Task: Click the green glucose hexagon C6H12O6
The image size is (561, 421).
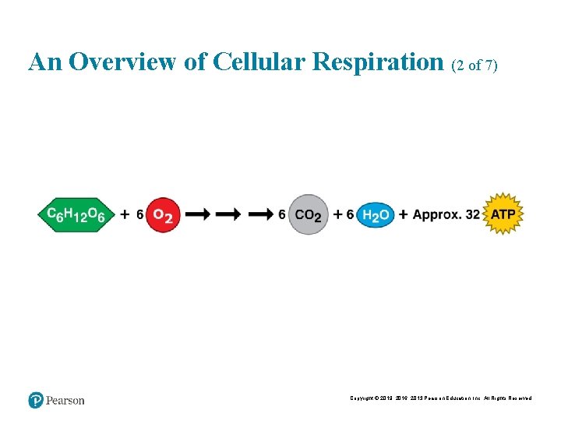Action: pos(76,214)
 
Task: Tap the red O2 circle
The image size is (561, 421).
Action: pos(163,214)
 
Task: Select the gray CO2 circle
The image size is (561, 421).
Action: pos(308,214)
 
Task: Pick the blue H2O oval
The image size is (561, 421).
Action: pos(376,214)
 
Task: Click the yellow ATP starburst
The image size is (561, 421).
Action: pos(503,214)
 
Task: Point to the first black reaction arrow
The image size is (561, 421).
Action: pos(198,214)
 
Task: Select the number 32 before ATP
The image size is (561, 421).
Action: pos(473,214)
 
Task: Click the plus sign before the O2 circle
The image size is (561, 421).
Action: pos(125,214)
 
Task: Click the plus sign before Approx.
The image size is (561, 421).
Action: pos(403,214)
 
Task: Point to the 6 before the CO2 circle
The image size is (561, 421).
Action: pos(282,214)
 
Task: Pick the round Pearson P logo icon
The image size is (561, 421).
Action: pos(36,400)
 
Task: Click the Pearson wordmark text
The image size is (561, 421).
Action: pos(65,401)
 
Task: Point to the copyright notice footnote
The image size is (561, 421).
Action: pos(440,398)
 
